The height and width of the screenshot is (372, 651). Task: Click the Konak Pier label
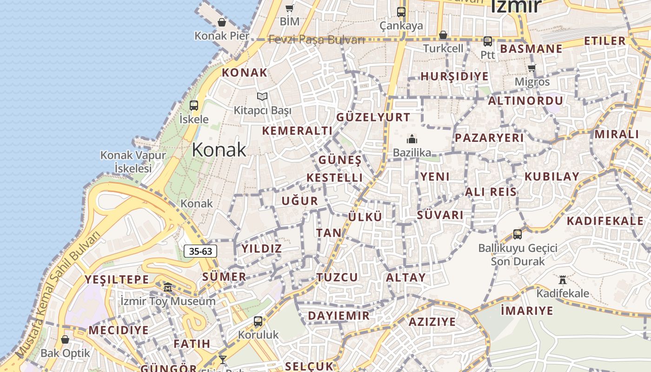222,36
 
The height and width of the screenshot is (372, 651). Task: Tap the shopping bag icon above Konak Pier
222,22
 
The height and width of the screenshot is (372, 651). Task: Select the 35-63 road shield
201,252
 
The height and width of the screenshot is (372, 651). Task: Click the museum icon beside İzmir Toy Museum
168,287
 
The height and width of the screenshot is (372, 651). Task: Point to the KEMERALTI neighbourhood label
297,131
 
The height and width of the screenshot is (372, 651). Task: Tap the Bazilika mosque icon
412,139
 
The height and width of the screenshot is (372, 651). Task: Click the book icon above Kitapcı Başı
262,97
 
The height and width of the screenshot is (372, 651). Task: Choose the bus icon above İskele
194,106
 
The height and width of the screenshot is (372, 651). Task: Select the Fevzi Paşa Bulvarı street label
316,40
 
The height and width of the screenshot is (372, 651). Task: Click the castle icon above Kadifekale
563,279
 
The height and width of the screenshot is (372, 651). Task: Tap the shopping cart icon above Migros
532,68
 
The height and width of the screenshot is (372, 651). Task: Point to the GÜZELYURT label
373,117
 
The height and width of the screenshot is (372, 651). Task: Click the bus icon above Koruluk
258,321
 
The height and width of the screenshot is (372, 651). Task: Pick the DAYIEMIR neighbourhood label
339,316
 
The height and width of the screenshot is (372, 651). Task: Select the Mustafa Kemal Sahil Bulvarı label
58,295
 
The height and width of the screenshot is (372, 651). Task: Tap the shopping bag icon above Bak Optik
65,339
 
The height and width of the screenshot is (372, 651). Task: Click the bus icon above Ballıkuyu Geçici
518,234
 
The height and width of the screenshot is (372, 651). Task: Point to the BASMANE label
531,49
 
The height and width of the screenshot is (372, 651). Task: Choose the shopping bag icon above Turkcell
443,35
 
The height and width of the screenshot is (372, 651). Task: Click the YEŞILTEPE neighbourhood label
117,280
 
